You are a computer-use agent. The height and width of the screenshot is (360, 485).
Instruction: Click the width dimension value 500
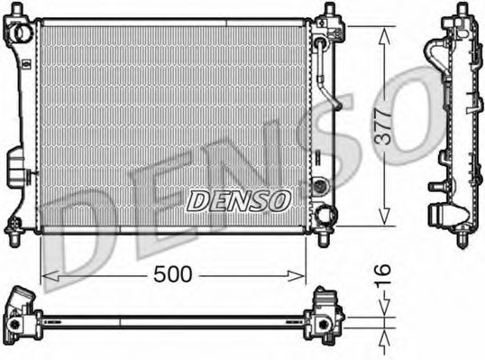pyautogui.click(x=173, y=274)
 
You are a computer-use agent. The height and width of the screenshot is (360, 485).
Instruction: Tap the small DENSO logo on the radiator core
pyautogui.click(x=238, y=199)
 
